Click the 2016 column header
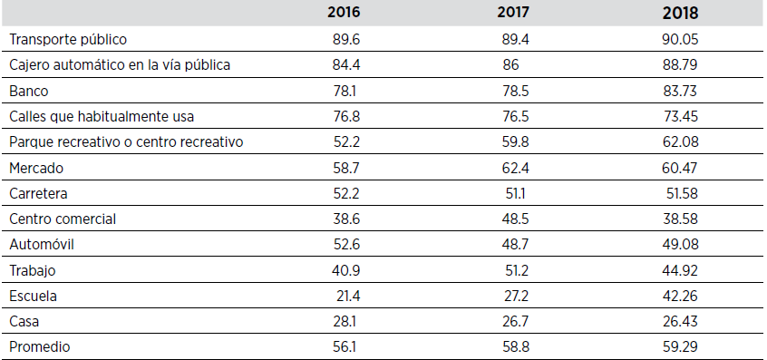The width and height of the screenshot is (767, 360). click(x=346, y=15)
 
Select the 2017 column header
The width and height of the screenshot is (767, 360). click(x=515, y=15)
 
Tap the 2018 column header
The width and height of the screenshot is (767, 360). click(x=681, y=15)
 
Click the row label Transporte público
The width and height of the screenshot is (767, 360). click(x=68, y=40)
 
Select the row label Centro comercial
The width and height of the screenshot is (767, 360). click(x=63, y=219)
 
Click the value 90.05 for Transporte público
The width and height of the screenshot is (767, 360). click(x=681, y=40)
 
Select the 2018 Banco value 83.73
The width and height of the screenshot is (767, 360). click(x=681, y=91)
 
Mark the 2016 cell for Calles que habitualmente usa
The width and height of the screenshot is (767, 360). click(x=346, y=116)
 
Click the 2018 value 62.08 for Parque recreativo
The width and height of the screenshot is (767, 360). click(x=681, y=141)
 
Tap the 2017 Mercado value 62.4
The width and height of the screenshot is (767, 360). click(x=515, y=168)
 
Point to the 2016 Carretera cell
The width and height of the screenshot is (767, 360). click(x=346, y=193)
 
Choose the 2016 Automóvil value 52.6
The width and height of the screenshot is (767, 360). click(x=346, y=244)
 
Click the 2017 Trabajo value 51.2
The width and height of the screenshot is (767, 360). click(x=515, y=269)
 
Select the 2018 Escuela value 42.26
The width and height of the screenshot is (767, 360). click(x=681, y=296)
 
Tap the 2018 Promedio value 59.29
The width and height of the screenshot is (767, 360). click(x=681, y=346)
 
